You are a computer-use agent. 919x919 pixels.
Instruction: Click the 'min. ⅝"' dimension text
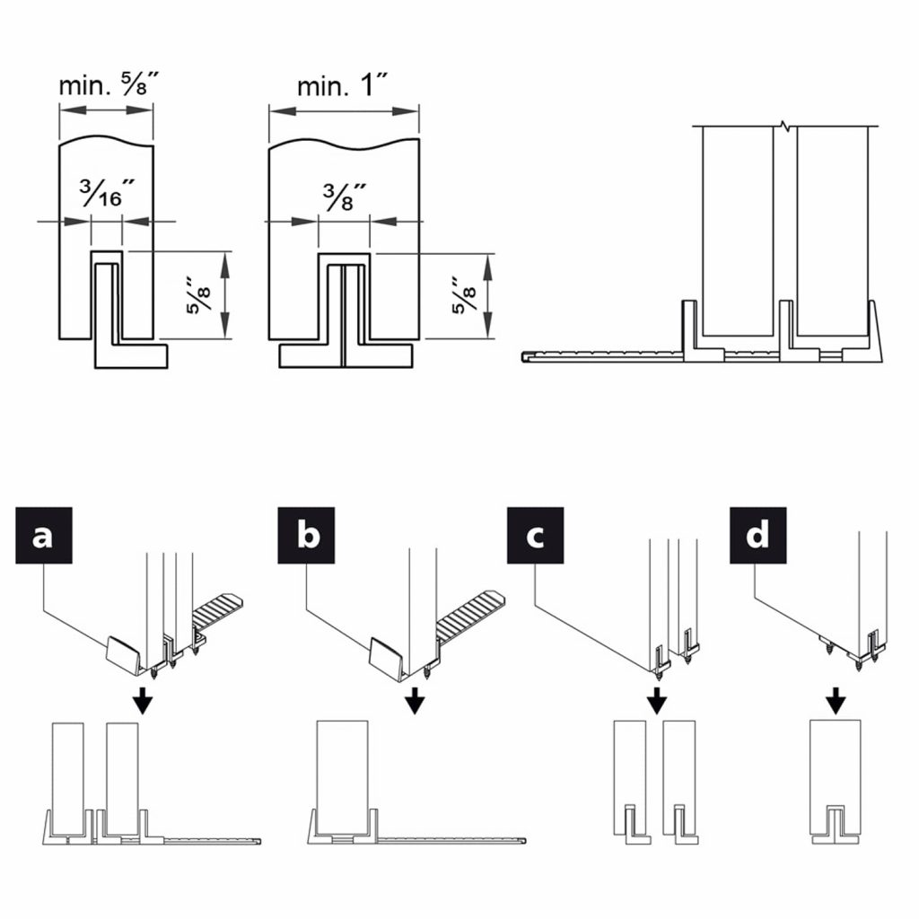click(x=105, y=86)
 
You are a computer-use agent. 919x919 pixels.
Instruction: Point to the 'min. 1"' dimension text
click(x=343, y=86)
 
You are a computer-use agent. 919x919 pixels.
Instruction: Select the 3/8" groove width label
click(x=343, y=193)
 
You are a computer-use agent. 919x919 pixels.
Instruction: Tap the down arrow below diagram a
click(x=141, y=698)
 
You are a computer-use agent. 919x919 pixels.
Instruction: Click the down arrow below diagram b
click(x=414, y=698)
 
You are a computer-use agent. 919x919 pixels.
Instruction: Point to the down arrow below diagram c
click(x=657, y=698)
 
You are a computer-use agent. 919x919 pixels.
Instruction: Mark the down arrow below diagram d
click(x=836, y=698)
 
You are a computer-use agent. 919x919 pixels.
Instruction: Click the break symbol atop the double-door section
click(x=785, y=126)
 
